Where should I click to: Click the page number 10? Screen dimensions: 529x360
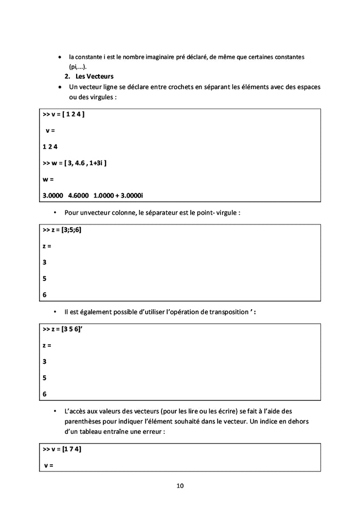[179, 486]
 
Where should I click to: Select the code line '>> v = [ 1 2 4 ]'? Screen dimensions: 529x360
[63, 114]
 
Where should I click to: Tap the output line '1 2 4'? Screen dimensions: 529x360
[50, 147]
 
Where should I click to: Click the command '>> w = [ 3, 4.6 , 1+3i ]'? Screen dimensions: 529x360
[75, 163]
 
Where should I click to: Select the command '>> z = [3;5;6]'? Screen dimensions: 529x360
[62, 230]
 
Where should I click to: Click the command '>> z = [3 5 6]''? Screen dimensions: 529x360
[63, 329]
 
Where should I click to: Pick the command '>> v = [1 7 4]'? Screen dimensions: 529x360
[62, 449]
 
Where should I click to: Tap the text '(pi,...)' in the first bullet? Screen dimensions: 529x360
[78, 67]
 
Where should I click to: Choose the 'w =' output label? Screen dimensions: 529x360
[48, 180]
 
